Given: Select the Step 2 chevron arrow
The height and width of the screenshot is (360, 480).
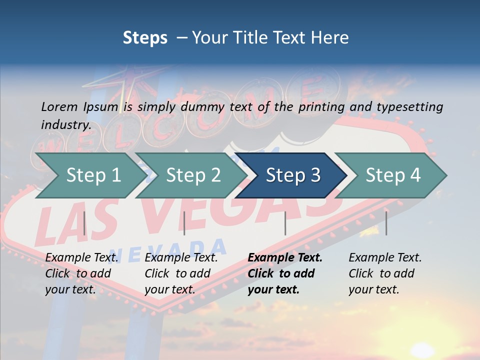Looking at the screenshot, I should click(193, 175).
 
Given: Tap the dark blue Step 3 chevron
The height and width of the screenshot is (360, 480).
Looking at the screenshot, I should click(293, 175).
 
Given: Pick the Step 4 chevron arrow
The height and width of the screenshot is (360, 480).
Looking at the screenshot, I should click(393, 175).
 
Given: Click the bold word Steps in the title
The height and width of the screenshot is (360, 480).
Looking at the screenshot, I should click(145, 37).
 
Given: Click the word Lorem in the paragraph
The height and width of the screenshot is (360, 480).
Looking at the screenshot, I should click(59, 106).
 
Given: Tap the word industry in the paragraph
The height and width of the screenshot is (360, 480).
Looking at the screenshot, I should click(66, 124).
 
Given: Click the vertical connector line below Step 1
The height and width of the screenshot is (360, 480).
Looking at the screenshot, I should click(84, 223).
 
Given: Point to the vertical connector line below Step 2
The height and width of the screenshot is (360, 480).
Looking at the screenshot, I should click(184, 223).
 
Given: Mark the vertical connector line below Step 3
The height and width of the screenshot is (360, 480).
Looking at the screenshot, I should click(285, 223).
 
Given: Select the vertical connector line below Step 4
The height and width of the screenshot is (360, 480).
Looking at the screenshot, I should click(386, 223).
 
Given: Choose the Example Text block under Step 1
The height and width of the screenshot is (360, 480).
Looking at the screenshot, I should click(81, 273).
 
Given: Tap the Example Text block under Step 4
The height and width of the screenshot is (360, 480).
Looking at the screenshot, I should click(385, 273).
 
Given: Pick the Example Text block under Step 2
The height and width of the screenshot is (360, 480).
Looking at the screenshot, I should click(181, 273).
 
